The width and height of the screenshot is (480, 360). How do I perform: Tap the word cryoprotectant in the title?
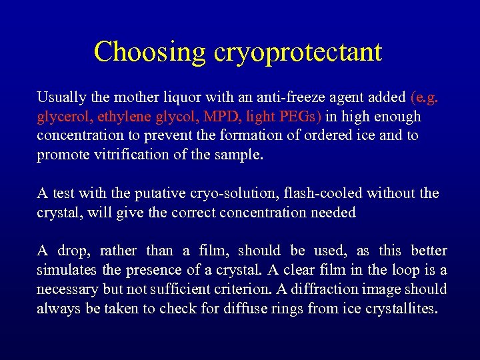297,52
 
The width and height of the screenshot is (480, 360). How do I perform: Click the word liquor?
173,97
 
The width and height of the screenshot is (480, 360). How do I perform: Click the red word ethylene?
123,117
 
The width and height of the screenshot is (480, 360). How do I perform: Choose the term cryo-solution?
224,194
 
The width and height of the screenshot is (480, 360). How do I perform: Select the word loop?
409,270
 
